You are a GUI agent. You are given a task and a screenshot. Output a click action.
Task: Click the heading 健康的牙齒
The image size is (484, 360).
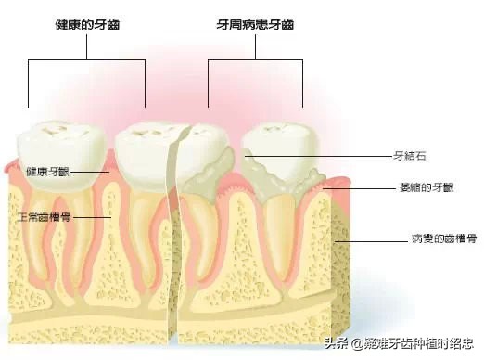tap(86, 25)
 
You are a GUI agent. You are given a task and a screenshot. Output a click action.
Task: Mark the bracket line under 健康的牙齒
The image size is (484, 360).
tap(86, 60)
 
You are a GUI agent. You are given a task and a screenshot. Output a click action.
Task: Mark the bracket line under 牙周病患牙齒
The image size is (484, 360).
tap(255, 60)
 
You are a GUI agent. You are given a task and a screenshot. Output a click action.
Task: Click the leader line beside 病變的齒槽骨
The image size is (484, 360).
tap(371, 239)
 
